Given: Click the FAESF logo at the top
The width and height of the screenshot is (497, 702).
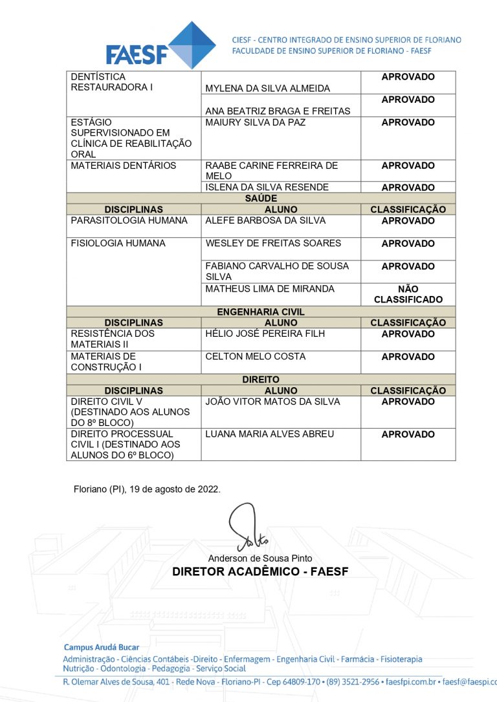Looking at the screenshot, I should click(162, 45).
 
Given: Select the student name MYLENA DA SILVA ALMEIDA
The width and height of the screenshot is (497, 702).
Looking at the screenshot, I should click(267, 89).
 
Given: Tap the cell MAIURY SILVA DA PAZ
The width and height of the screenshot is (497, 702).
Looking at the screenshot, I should click(255, 122).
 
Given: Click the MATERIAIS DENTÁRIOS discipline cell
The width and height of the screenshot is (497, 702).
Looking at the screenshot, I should click(124, 165).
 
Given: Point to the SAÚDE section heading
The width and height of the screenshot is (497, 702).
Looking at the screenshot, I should click(261, 198).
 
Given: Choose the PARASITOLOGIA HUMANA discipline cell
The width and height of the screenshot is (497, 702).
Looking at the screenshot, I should click(129, 220).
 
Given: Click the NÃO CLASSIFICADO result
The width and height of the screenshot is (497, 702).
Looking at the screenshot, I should click(408, 294).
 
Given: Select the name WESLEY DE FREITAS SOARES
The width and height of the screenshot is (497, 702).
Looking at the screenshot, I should click(273, 244).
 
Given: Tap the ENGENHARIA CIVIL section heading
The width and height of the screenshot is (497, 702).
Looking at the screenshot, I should click(261, 312).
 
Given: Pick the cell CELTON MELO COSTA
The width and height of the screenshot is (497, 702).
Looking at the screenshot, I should click(255, 356).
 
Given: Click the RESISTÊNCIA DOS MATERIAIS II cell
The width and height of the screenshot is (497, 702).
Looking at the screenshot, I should click(113, 339).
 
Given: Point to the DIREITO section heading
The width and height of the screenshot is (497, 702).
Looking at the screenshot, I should click(261, 379).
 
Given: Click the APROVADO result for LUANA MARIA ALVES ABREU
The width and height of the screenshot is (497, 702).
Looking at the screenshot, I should click(408, 434).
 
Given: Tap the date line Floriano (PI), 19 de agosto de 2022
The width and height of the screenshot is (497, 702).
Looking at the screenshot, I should click(147, 489).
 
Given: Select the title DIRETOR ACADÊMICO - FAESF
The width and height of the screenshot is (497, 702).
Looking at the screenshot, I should click(260, 572).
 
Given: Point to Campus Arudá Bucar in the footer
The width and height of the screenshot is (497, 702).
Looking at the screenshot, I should click(102, 647).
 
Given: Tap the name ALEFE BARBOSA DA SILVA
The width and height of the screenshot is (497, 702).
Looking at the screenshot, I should click(265, 220).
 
